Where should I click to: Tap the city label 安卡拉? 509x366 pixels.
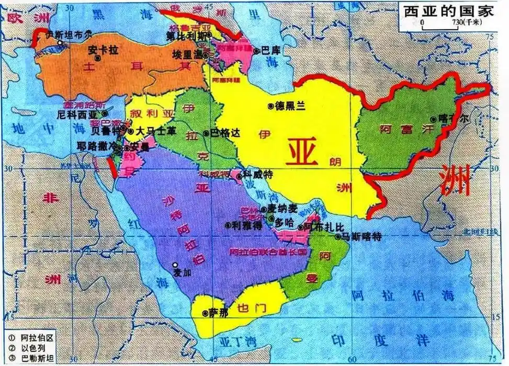pyautogui.click(x=100, y=51)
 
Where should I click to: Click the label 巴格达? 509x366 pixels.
pyautogui.click(x=225, y=133)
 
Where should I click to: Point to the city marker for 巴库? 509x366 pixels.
pyautogui.click(x=256, y=51)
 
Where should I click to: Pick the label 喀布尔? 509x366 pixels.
pyautogui.click(x=454, y=119)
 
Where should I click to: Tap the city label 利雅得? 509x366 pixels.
pyautogui.click(x=245, y=225)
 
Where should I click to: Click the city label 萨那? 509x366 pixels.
pyautogui.click(x=216, y=313)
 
